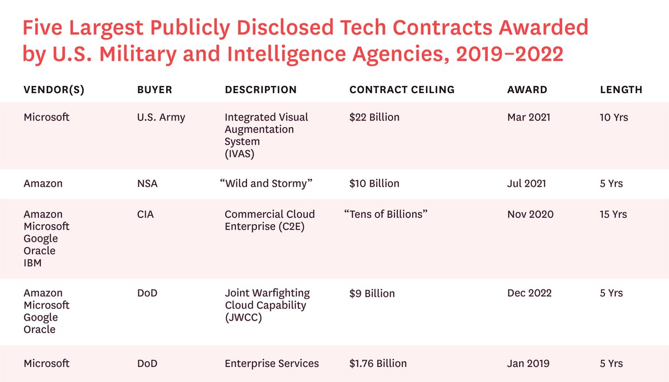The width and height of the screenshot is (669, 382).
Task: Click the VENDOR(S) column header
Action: tap(54, 90)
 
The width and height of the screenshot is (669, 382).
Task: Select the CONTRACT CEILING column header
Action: tap(402, 90)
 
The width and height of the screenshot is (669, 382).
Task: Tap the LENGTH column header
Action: tap(621, 90)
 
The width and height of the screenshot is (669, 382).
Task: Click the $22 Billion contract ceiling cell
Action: tap(374, 118)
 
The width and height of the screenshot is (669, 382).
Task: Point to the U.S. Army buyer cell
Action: tap(161, 118)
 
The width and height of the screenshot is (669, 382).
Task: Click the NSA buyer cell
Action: tap(147, 183)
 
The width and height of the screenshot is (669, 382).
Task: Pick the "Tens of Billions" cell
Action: tap(386, 214)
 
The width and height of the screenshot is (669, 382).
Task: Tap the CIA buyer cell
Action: tap(146, 214)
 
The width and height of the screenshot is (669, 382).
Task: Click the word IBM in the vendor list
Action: tap(33, 263)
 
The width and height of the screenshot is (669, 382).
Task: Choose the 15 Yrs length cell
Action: tap(613, 214)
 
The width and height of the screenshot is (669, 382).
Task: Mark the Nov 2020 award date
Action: tap(530, 214)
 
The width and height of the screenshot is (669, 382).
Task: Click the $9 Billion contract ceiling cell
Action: tap(372, 293)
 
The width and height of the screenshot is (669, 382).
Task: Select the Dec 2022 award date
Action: tap(530, 293)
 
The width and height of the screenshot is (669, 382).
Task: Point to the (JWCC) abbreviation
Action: tap(243, 318)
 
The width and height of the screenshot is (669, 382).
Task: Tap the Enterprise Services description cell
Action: tap(272, 364)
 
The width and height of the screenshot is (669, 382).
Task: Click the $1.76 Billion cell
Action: tap(378, 364)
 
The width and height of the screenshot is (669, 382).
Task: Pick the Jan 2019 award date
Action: tap(529, 364)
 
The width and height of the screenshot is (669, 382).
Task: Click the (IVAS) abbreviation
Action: tap(239, 154)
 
